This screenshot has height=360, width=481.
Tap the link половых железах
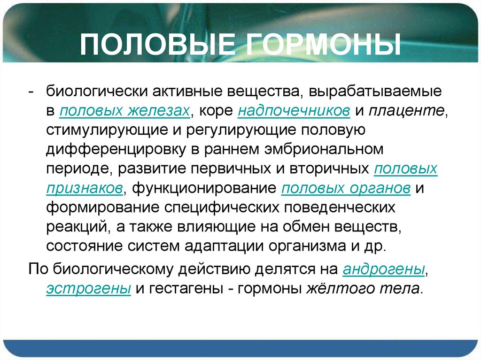point(124,111)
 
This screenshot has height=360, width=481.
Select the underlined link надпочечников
point(294,111)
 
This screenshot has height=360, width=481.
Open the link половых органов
point(347,188)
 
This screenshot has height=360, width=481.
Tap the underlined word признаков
point(85,188)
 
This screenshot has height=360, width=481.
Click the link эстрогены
point(88,288)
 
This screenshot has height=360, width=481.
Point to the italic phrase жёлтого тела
point(363,288)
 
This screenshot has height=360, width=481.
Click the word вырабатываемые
point(379,92)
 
